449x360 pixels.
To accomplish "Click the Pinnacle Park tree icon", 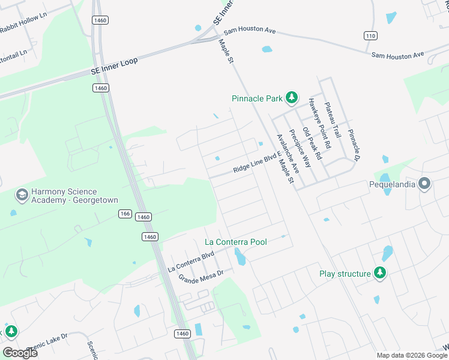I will point(291,97).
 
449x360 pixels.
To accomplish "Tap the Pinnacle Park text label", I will point(258,98).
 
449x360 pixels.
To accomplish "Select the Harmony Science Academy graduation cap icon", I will point(22,195).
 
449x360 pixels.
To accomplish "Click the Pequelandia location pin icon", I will point(424,184).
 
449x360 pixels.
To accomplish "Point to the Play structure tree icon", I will point(379,274).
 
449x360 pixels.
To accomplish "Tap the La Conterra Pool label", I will point(236,242).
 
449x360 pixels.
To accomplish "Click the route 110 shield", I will point(370,36).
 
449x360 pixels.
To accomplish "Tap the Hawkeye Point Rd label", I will point(319,124).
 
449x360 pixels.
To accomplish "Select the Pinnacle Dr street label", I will point(352,144).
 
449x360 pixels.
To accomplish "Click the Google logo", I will point(20,352).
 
